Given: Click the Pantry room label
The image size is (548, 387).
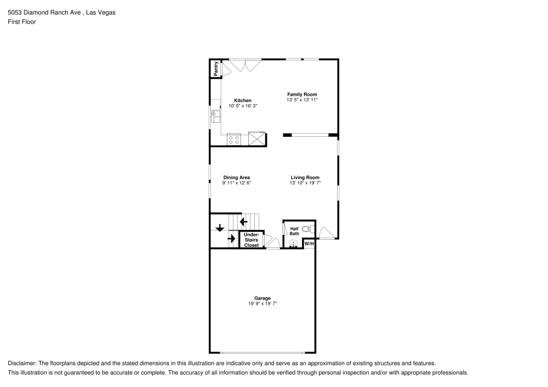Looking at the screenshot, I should click(216, 68).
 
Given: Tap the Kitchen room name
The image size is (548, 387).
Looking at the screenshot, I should click(243, 100).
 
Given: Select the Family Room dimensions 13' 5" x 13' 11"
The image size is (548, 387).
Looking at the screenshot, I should click(302, 100).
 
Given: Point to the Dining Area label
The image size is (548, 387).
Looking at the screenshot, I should click(237, 177).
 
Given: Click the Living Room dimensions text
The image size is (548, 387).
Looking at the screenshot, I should click(305, 183).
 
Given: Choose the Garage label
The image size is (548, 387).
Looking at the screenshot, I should click(262, 298).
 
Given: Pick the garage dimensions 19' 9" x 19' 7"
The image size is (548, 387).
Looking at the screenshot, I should click(262, 304).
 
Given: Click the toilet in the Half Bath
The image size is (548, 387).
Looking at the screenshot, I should click(307, 229).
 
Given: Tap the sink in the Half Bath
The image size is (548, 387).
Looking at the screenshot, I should click(293, 244).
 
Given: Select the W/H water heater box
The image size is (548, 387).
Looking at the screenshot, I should click(309, 244).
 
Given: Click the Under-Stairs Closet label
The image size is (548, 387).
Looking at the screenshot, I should click(252, 240).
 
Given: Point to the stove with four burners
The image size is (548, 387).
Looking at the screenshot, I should click(234, 140).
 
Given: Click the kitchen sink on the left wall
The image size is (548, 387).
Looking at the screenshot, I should click(215, 117).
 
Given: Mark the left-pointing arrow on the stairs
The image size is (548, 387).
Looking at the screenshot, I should click(243, 222).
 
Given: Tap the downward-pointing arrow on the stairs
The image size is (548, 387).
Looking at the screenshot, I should click(220, 228).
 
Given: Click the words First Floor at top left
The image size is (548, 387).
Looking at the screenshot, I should click(22, 22).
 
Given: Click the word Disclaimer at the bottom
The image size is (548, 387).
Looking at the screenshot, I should click(21, 363).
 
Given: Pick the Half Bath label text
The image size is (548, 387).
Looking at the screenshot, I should click(294, 232).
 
